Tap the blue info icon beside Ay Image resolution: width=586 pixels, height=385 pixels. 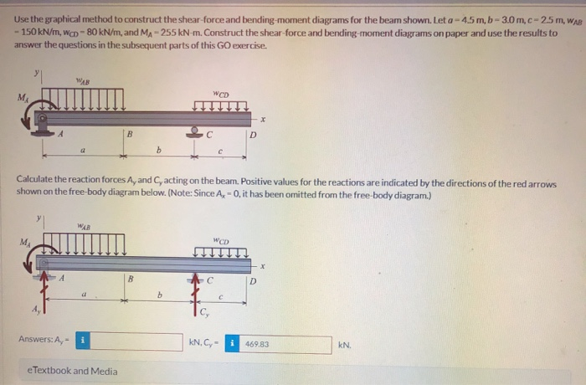tap(83, 341)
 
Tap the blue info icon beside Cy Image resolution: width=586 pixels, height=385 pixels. tap(234, 344)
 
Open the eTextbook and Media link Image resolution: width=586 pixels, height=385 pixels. tap(72, 370)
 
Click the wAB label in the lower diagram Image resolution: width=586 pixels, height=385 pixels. tap(83, 224)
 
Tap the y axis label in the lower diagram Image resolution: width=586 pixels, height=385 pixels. tap(38, 220)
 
